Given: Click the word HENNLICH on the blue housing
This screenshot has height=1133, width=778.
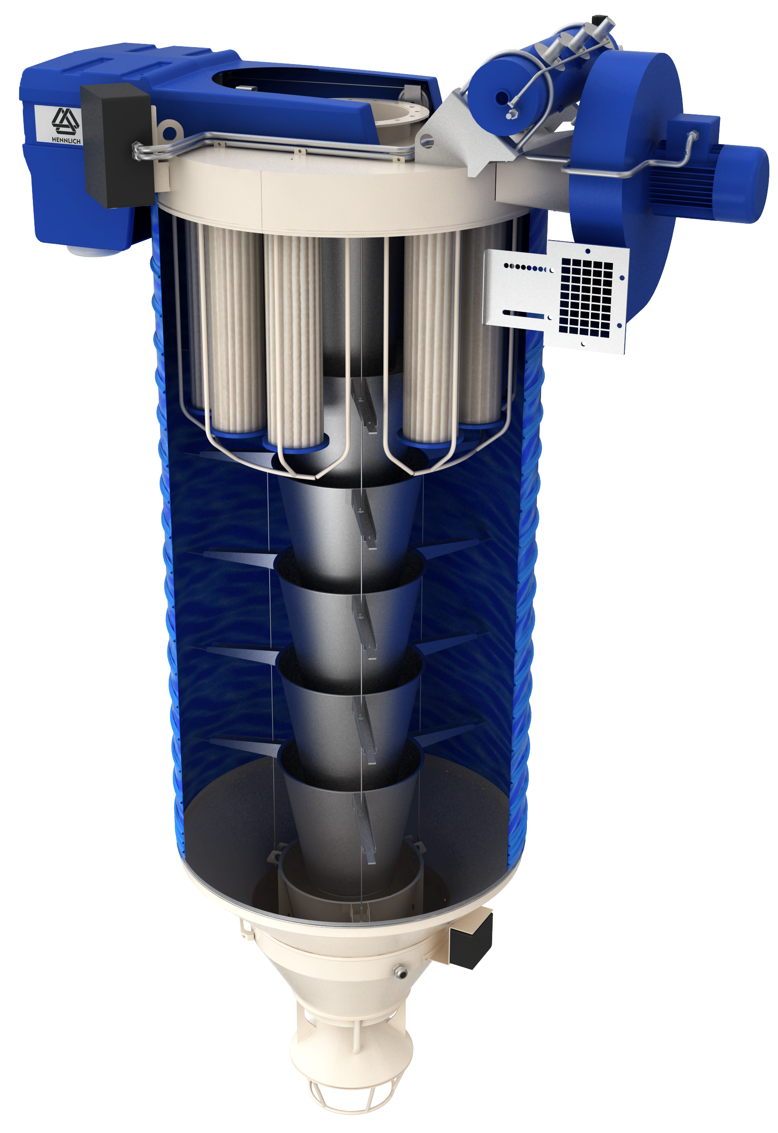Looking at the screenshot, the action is point(66,140).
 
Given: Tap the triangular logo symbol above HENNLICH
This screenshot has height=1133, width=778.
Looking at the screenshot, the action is point(66,121).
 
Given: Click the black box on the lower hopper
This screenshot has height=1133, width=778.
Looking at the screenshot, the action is point(470,940).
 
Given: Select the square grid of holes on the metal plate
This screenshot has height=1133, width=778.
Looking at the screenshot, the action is point(586,298).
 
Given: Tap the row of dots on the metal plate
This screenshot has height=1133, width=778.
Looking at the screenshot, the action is point(528,268).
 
